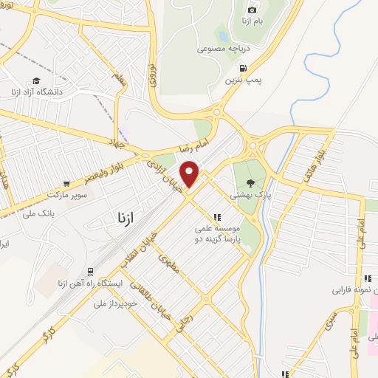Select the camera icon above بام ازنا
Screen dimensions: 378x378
click(252, 10)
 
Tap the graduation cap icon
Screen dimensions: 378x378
click(36, 81)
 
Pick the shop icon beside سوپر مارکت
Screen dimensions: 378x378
click(67, 183)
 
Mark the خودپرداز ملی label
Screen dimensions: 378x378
click(111, 303)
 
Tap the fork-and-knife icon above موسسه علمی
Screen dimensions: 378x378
click(217, 217)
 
